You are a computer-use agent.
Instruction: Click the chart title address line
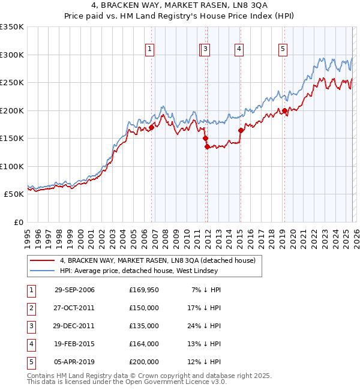(180, 5)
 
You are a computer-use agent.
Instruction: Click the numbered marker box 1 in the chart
(149, 50)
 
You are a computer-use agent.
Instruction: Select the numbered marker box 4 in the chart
(239, 50)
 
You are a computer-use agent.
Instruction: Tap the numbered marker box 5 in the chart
(283, 50)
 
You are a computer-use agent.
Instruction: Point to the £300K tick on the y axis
(12, 55)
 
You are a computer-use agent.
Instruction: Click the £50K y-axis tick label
(14, 194)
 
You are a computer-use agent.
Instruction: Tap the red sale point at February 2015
(241, 130)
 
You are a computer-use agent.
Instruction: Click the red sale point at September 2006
(151, 127)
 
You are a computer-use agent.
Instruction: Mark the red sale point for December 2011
(207, 146)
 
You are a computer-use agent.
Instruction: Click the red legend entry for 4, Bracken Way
(157, 260)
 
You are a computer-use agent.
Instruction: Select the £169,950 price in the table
(143, 290)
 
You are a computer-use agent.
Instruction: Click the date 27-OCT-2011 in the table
(74, 308)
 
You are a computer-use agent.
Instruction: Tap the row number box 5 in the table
(31, 362)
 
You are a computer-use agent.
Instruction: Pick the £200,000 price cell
(143, 362)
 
